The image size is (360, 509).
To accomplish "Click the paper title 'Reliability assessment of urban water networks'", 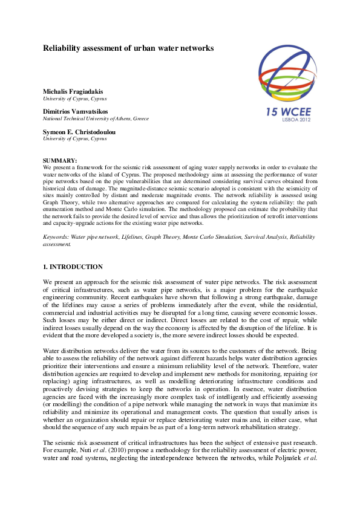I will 128,48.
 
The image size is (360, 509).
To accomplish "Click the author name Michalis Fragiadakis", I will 73,91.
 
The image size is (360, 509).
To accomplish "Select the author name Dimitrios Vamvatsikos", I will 76,112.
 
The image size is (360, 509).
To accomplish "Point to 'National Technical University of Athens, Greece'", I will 96,118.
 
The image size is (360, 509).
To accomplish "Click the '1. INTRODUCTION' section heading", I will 73,267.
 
